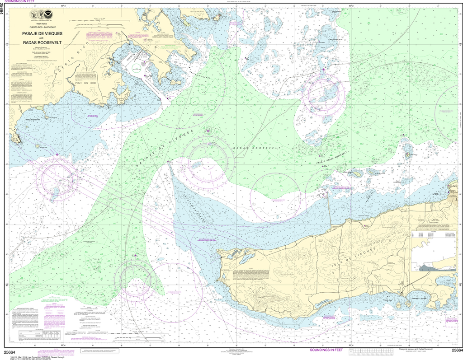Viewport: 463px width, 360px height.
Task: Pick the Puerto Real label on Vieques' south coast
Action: (x=388, y=299)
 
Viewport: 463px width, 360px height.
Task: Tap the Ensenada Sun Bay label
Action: (x=420, y=299)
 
